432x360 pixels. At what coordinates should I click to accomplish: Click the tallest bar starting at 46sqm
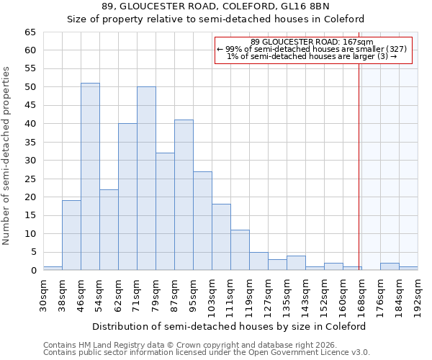click(x=90, y=176)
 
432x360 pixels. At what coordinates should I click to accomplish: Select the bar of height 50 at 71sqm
click(x=146, y=179)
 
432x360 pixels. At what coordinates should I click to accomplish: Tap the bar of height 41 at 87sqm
click(x=184, y=194)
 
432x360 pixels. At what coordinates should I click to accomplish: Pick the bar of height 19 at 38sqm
click(x=71, y=235)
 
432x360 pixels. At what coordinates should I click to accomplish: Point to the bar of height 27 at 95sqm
click(x=202, y=220)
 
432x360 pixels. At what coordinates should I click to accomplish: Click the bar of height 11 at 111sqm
click(x=240, y=250)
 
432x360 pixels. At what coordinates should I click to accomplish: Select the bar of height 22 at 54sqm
click(x=109, y=230)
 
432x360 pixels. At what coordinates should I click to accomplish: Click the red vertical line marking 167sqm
click(x=359, y=166)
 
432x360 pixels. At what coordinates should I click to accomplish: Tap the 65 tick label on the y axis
click(x=30, y=32)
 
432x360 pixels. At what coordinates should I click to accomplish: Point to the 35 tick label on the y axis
click(x=30, y=143)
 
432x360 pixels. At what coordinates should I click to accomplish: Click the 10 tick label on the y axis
click(x=30, y=234)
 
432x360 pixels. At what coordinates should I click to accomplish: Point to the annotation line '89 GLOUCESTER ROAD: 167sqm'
click(x=312, y=42)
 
